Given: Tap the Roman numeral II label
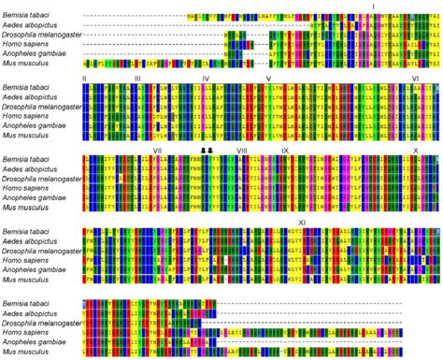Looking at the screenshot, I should pos(85,79).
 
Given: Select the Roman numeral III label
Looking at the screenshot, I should pos(137,79).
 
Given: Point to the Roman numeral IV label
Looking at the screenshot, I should pos(205,79).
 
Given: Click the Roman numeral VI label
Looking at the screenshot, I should pos(415,79).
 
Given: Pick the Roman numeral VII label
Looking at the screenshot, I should pos(157,151).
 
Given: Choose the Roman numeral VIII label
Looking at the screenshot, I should pos(242,151).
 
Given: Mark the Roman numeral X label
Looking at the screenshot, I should pos(415,151).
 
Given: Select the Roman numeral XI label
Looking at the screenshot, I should pos(302,223).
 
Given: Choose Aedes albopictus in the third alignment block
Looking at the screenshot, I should pos(31,170).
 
